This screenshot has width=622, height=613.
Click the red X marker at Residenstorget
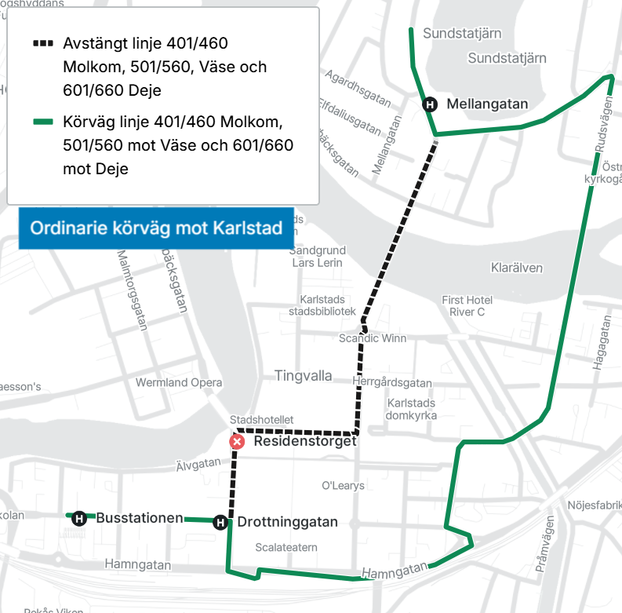(x=236, y=442)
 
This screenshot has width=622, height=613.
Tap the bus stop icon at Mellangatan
(x=429, y=104)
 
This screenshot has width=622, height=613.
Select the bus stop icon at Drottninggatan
(x=220, y=522)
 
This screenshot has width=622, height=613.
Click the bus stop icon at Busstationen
(x=78, y=517)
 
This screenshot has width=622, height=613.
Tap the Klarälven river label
(x=516, y=268)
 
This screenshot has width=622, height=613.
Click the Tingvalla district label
(x=304, y=376)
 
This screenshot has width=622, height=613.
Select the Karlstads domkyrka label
(x=412, y=409)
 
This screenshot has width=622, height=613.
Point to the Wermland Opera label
(x=179, y=383)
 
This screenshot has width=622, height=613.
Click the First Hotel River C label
(x=467, y=306)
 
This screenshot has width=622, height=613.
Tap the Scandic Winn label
(x=373, y=338)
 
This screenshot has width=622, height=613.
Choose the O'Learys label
(x=344, y=486)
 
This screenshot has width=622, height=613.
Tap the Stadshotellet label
(x=262, y=420)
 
